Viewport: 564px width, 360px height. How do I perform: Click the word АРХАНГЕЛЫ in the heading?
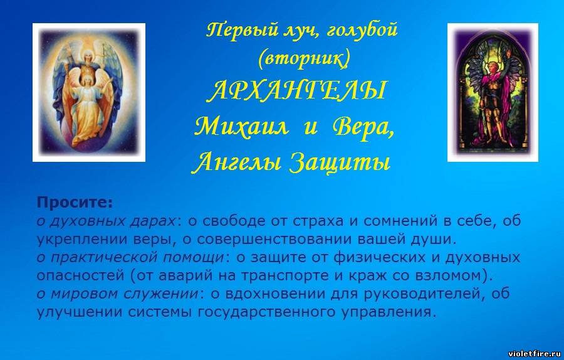[x=298, y=90]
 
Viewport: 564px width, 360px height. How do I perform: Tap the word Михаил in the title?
[x=241, y=127]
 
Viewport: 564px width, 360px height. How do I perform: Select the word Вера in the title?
[x=363, y=128]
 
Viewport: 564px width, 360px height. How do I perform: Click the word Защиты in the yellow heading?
[x=340, y=163]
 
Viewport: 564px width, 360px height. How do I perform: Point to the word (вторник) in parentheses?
[x=303, y=59]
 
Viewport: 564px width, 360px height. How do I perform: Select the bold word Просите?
[x=75, y=203]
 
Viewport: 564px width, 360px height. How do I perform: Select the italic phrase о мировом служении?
[x=118, y=294]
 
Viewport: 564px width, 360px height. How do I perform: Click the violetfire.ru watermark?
[x=535, y=353]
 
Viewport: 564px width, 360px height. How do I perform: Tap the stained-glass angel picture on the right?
[x=493, y=93]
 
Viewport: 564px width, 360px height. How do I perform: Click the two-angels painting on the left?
[x=89, y=93]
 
